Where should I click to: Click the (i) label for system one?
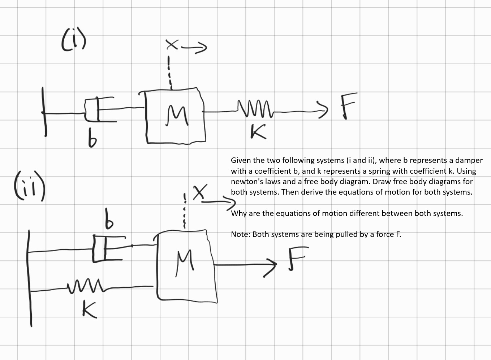73,40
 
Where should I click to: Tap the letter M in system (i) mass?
177,115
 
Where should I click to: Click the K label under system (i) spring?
259,131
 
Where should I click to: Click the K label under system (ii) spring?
89,309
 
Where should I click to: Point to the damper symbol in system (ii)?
107,248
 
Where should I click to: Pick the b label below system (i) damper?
92,138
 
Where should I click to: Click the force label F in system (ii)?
297,258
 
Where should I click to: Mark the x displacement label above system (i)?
172,45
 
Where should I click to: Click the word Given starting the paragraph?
241,160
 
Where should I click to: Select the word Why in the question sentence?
238,213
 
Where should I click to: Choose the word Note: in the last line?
241,234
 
